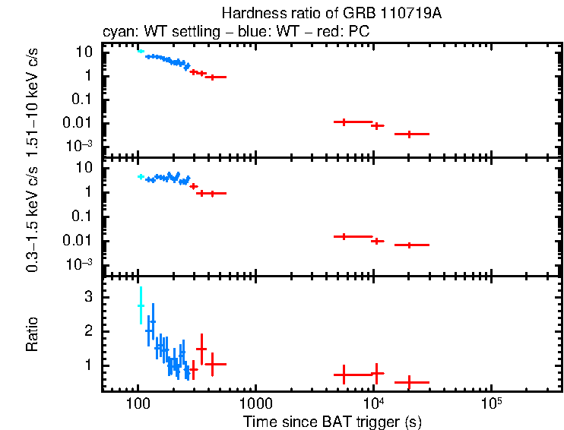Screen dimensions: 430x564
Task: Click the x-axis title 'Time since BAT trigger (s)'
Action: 332,421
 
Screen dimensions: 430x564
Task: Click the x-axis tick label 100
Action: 138,402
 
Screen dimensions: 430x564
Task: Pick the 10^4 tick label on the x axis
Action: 372,401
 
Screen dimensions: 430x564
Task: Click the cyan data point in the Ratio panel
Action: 141,305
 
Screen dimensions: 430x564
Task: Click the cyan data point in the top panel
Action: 141,52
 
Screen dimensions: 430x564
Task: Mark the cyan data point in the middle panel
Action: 141,176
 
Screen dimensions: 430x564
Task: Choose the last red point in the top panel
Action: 410,134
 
